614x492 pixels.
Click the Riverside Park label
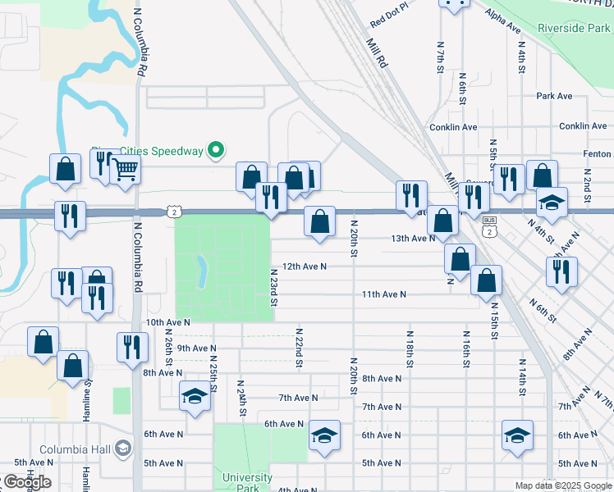tap(573, 28)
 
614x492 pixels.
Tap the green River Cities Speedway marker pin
tap(216, 150)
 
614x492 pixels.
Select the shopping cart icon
tap(126, 171)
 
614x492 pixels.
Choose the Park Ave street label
tap(554, 96)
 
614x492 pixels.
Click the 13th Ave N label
tap(412, 239)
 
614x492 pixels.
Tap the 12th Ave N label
tap(304, 266)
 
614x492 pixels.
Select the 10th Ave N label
tap(167, 324)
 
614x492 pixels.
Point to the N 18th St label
tap(409, 348)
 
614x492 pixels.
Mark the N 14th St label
tap(521, 376)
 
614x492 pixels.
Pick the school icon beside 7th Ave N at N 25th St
tap(194, 396)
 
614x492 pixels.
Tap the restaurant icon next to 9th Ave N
tap(131, 346)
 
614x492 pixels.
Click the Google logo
tap(26, 482)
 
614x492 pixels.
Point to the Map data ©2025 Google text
tap(562, 485)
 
